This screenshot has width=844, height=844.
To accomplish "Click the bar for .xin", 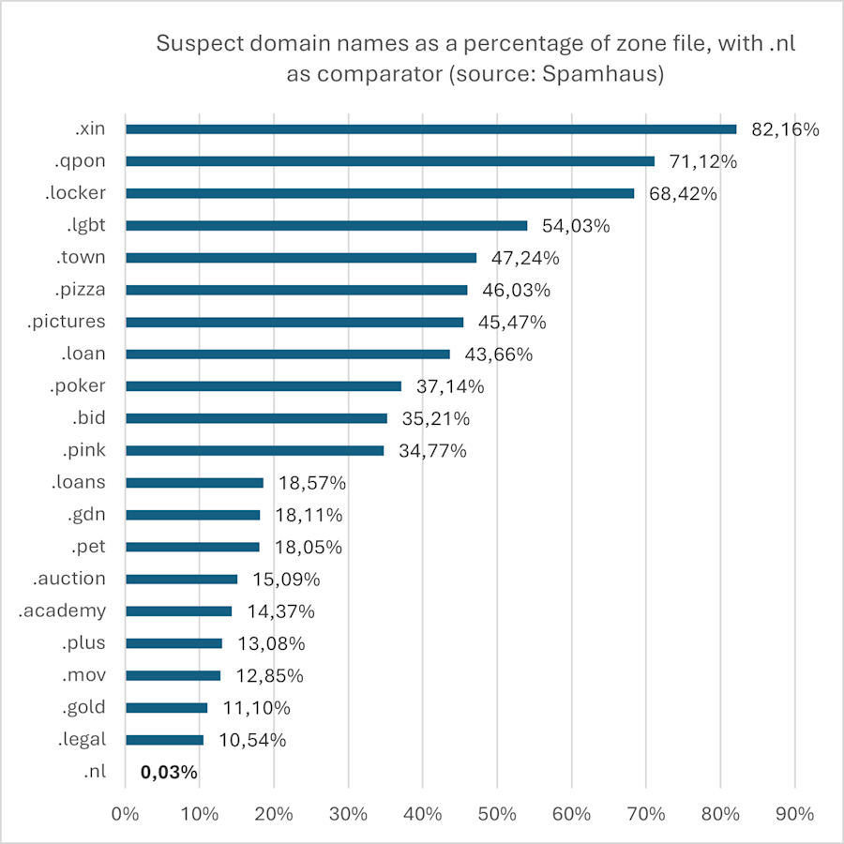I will pos(431,129).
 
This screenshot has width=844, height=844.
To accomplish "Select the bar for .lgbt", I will pos(326,225).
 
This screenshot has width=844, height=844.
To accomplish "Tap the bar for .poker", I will pos(264,385).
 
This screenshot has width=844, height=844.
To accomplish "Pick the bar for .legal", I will pos(164,739).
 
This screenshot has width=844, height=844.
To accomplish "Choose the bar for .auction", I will pos(181,579).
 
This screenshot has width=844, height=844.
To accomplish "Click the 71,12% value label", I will pos(703,161).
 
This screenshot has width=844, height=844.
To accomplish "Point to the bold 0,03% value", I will pos(169,773).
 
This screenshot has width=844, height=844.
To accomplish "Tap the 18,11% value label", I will pos(309,515).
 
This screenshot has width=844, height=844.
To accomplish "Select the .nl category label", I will pos(94,772).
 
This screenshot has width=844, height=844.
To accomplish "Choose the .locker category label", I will pos(75,193).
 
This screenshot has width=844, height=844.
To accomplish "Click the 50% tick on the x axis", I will pos(497,814).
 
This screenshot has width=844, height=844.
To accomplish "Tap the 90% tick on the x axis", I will pos(794,814).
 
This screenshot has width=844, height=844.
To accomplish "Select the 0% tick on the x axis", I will pos(125,814).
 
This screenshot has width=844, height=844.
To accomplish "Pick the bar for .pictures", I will pos(294,322).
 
